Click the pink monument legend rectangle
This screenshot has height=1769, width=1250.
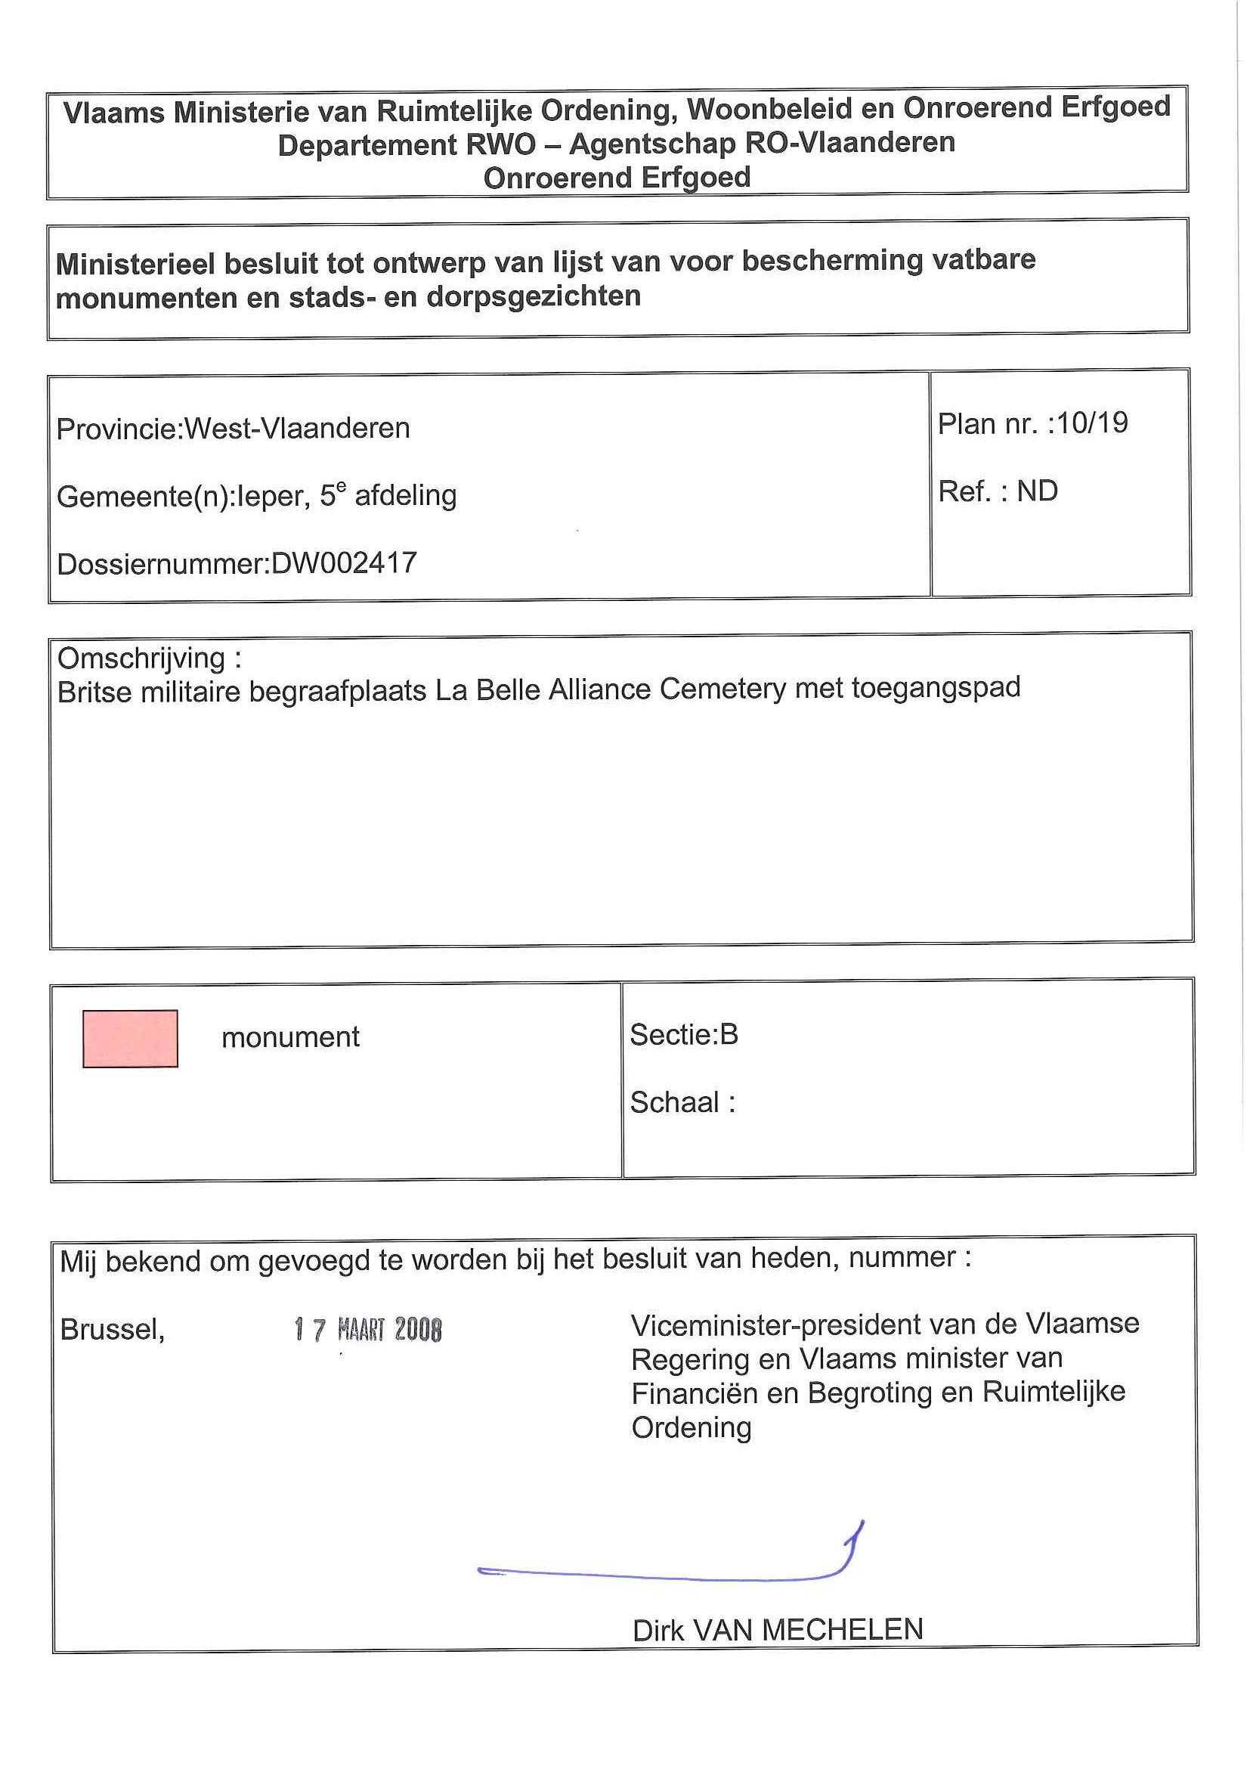tap(130, 1038)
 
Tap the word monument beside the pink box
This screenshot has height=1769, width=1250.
tap(290, 1037)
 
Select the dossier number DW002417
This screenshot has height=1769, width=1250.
tap(345, 563)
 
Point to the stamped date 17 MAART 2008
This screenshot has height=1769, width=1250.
tap(368, 1329)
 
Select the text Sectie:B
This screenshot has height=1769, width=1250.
tap(684, 1034)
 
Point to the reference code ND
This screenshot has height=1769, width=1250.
tap(1037, 491)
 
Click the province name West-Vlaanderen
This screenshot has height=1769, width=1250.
tap(297, 429)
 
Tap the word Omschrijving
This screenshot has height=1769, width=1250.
tap(142, 658)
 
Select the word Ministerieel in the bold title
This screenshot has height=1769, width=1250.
tap(135, 265)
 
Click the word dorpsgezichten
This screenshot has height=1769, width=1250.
tap(533, 296)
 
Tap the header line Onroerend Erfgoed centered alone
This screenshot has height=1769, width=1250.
tap(617, 178)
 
